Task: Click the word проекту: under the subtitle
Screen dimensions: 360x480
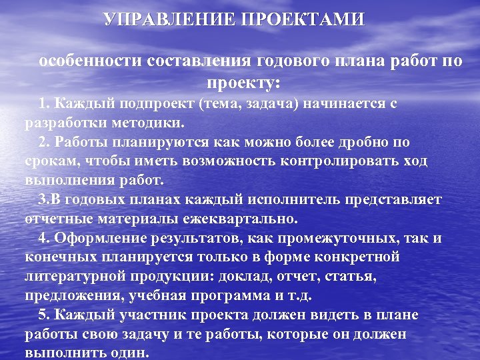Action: [244, 83]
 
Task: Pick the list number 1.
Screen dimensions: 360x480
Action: [43, 104]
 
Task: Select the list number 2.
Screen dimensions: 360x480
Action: [43, 143]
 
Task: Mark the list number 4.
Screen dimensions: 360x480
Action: [43, 239]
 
